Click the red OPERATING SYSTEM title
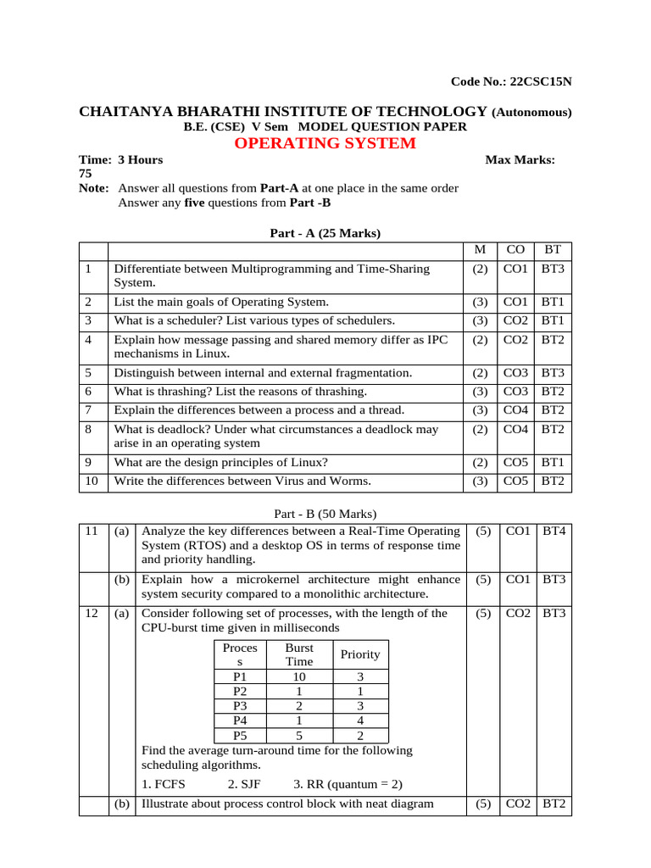click(325, 143)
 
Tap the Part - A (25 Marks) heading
click(325, 233)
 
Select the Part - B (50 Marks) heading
click(325, 514)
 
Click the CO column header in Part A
click(515, 250)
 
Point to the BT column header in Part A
click(553, 250)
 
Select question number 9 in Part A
click(88, 462)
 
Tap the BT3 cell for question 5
click(553, 372)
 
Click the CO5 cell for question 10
click(515, 481)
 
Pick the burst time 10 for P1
click(298, 677)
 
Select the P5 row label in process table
click(240, 735)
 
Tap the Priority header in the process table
click(359, 654)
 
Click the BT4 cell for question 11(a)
click(554, 531)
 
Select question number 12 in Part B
click(92, 613)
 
